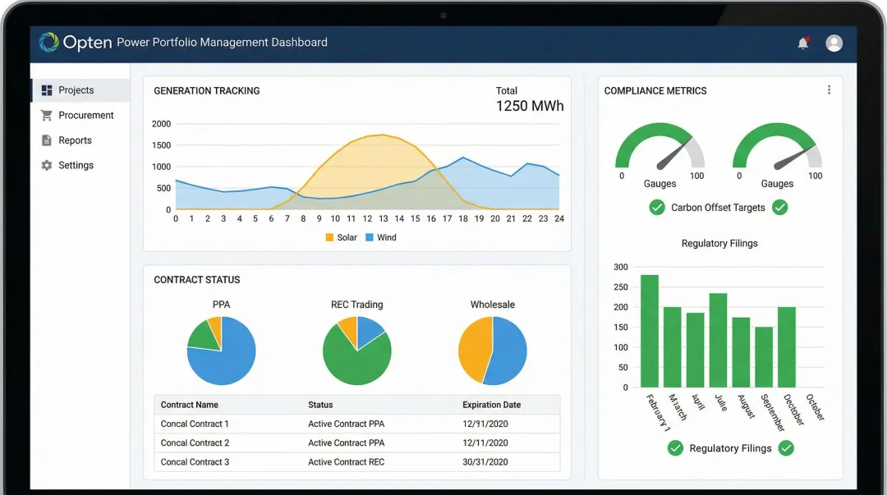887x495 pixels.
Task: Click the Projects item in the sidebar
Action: click(x=76, y=90)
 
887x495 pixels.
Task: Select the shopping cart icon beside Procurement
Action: click(x=47, y=116)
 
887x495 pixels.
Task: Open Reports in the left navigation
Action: click(x=75, y=140)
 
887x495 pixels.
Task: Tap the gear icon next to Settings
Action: click(x=47, y=166)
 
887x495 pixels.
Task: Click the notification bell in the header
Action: click(x=802, y=44)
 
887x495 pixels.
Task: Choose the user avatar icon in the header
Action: click(x=834, y=44)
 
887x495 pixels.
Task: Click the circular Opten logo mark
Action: click(x=49, y=43)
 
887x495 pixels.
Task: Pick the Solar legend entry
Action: click(x=341, y=237)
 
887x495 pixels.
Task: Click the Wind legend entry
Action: click(x=381, y=237)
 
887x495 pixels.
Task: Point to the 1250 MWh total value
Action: click(x=530, y=106)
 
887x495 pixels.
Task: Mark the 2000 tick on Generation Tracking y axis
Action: click(x=161, y=124)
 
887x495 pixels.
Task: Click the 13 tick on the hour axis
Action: click(x=383, y=218)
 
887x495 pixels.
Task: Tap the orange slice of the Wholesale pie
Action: click(x=473, y=348)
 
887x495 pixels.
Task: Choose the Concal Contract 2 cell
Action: click(x=195, y=443)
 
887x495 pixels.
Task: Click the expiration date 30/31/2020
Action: click(x=485, y=462)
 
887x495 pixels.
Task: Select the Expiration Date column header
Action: click(x=491, y=405)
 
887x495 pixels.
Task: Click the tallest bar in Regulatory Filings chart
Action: click(x=650, y=331)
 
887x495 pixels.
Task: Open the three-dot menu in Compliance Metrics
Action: click(x=829, y=90)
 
